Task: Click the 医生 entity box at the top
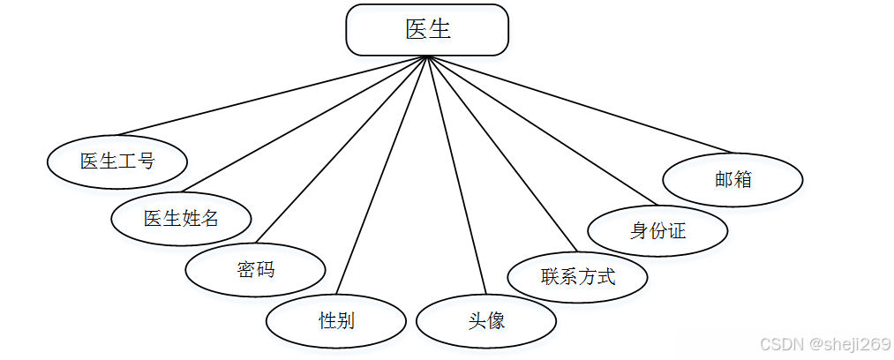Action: [x=427, y=29]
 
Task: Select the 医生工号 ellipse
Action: [x=116, y=161]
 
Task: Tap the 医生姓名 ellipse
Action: [x=181, y=216]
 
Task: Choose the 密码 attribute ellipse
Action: [x=255, y=269]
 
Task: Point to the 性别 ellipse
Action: [x=335, y=320]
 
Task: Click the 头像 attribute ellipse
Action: [x=485, y=320]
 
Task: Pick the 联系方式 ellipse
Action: [x=577, y=276]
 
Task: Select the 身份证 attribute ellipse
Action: [x=657, y=231]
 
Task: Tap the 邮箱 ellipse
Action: [x=732, y=179]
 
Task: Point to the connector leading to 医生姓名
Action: [x=304, y=124]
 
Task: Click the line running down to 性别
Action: [x=381, y=176]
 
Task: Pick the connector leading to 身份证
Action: [x=543, y=130]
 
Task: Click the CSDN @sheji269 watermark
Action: [x=824, y=343]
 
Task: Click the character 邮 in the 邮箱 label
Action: [x=724, y=179]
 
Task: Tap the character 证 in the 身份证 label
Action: [x=676, y=231]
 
